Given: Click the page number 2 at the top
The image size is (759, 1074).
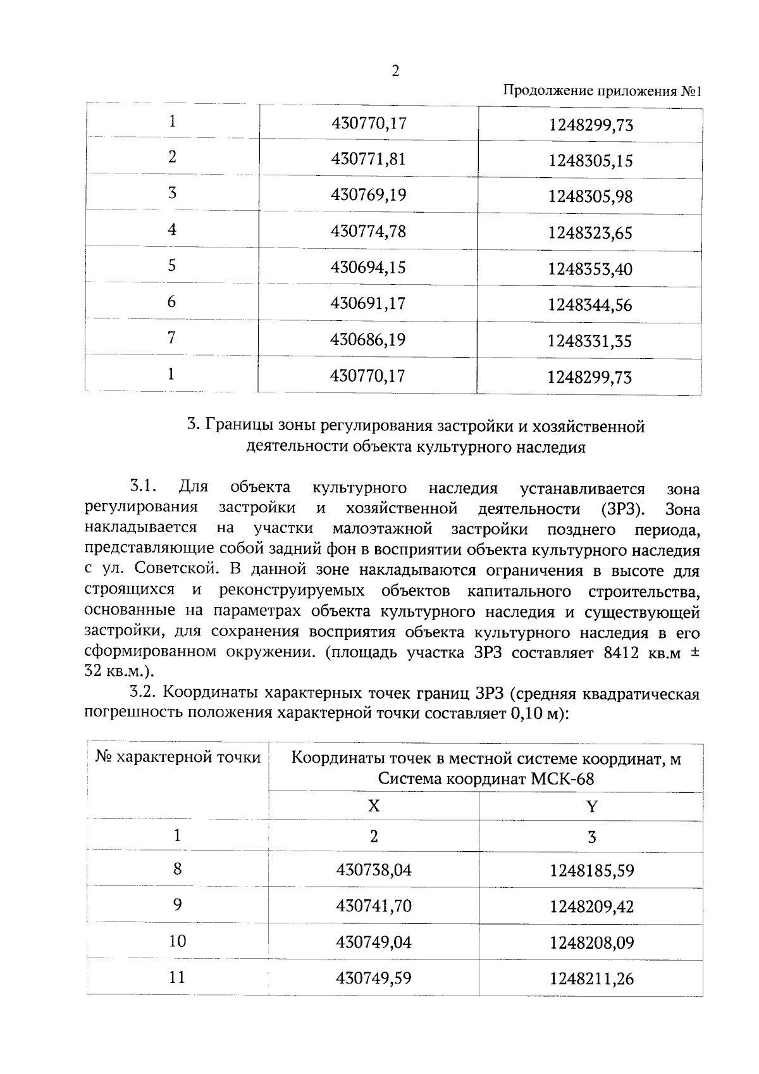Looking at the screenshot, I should point(395,72).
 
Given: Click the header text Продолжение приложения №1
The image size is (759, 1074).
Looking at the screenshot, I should point(603,91).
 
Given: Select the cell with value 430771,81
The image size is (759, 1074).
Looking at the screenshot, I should point(368,158).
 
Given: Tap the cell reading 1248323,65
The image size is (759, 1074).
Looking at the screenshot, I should point(590,233).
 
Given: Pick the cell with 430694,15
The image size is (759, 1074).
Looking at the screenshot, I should point(368,267).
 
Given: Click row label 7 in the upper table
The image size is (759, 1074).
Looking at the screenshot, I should point(171,338).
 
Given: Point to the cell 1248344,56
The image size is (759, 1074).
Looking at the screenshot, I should point(590,305).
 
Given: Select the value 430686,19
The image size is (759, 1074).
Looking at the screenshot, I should point(368,340).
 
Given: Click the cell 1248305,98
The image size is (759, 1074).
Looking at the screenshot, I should point(590,197).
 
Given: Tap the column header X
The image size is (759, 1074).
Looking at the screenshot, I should point(374,806).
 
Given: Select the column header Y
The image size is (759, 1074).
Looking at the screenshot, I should point(591,806).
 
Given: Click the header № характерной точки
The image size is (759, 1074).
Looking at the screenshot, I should point(178,757).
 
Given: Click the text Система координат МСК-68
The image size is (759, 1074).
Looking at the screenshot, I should point(486,778).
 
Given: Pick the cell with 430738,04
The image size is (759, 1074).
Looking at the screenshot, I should point(374,870).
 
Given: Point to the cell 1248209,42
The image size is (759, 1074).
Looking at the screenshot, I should point(591,906).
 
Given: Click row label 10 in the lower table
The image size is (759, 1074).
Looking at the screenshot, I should point(178,941).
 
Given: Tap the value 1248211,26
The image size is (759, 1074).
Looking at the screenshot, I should point(591,979).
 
